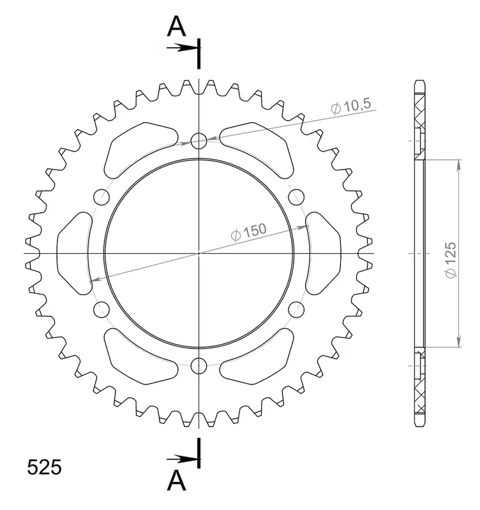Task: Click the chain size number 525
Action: click(44, 467)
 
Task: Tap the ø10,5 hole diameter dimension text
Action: click(350, 106)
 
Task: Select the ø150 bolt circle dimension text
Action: click(248, 232)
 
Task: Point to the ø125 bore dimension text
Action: click(451, 260)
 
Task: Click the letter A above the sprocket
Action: click(176, 26)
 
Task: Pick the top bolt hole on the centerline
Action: click(199, 141)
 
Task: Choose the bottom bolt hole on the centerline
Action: click(199, 365)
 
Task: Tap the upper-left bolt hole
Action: click(101, 197)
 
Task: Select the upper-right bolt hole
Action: click(296, 197)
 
